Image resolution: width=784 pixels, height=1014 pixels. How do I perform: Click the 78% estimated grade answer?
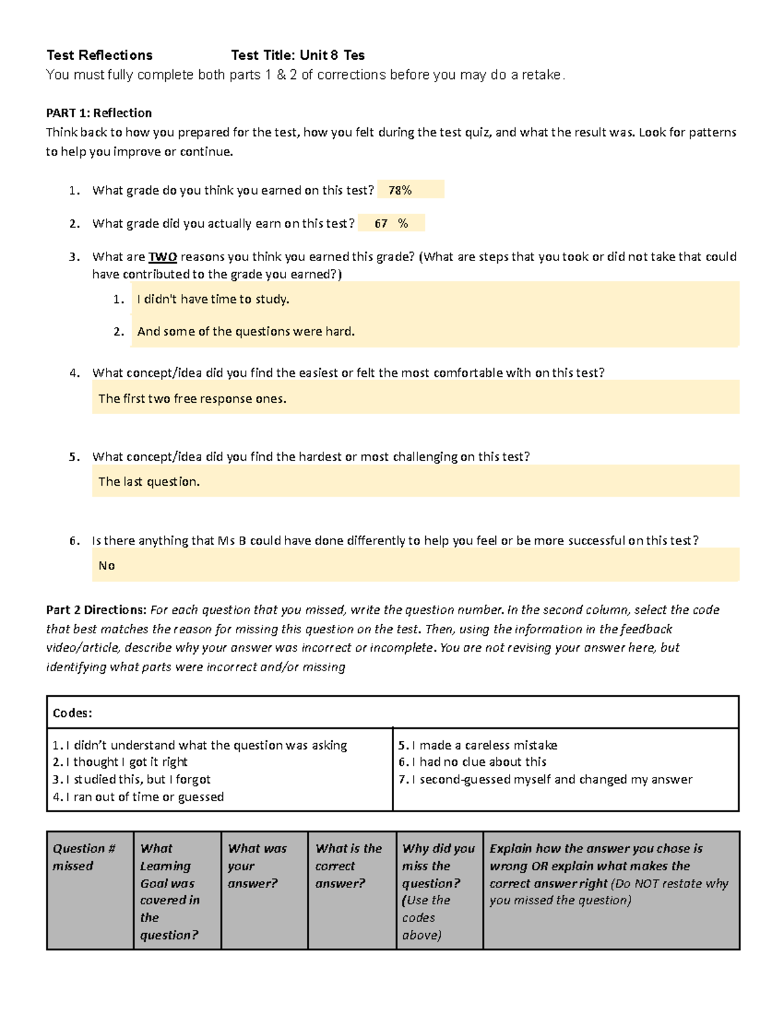coord(400,190)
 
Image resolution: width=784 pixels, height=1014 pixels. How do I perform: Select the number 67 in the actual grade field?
coord(381,223)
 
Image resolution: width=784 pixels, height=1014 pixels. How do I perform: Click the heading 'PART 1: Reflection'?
coord(99,113)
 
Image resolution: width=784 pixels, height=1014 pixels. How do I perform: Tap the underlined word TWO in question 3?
coord(163,257)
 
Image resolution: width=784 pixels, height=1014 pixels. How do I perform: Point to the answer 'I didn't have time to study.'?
coord(213,299)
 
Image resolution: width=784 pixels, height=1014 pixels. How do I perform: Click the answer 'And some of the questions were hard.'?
coord(246,331)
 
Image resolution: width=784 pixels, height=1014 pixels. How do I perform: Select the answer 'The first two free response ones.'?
coord(192,398)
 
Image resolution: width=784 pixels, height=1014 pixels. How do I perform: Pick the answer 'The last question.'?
coord(149,482)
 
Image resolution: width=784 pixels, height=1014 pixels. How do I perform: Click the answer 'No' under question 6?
coord(106,565)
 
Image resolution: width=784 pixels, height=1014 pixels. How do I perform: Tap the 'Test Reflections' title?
coord(99,55)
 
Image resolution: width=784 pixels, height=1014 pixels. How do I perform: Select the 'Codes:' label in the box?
coord(72,713)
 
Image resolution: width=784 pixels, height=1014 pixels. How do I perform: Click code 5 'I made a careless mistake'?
coord(478,745)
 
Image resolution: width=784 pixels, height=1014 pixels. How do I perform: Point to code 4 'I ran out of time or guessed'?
coord(139,797)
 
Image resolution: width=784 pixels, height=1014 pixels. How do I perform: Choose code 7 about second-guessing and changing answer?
coord(546,779)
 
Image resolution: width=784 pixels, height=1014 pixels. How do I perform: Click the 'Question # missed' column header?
coord(84,857)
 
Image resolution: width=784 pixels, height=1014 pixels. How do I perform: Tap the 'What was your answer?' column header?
coord(257,866)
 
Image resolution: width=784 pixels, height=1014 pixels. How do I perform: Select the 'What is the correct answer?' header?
coord(348,866)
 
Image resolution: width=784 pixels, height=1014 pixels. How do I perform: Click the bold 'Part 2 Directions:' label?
coord(96,610)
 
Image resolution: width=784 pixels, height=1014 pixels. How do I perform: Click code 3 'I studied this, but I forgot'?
coord(132,779)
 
